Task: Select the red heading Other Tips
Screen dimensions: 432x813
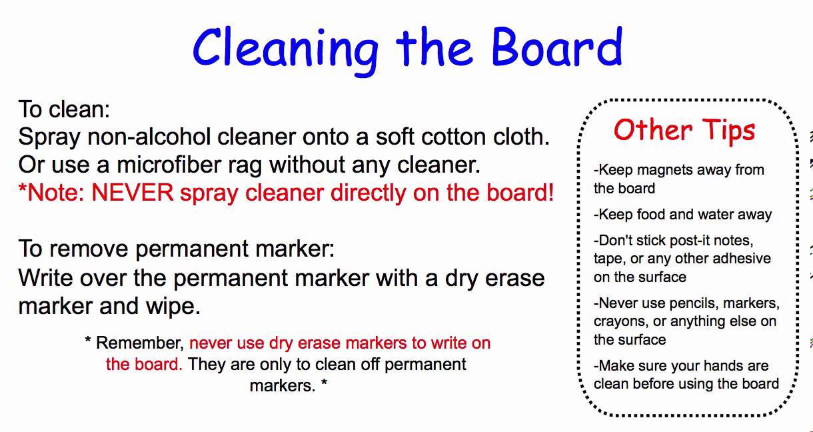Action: [684, 129]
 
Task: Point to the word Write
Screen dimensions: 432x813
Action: [47, 278]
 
